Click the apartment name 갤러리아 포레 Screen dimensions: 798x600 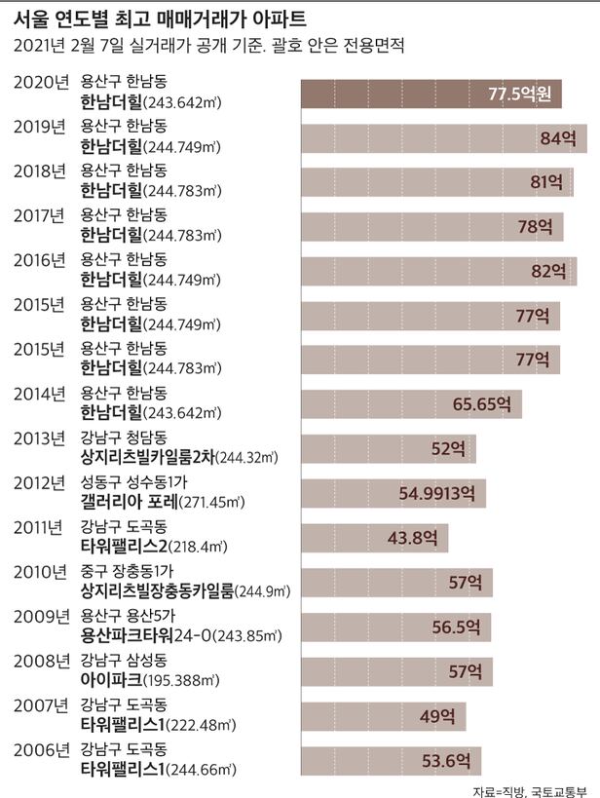tap(129, 502)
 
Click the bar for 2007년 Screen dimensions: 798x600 tap(384, 715)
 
